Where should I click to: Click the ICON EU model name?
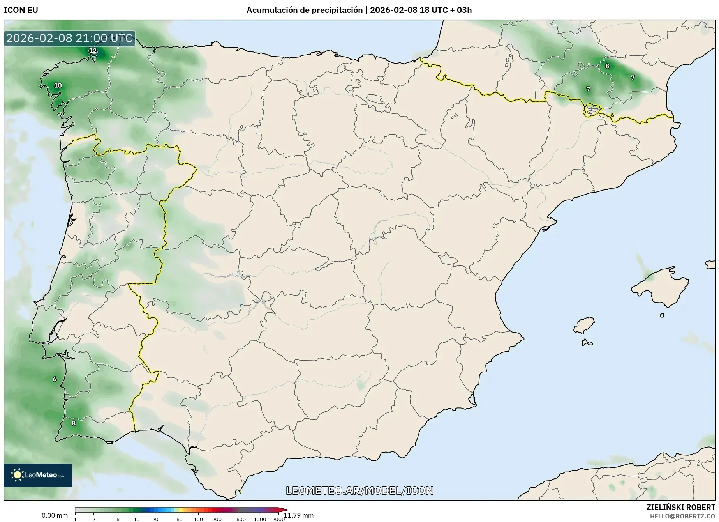click(x=21, y=10)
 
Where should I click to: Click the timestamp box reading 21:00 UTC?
click(x=69, y=38)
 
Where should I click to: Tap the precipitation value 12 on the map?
click(x=93, y=51)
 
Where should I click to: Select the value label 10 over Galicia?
click(x=58, y=85)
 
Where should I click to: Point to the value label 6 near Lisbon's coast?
click(x=55, y=379)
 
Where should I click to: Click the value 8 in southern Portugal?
click(x=74, y=423)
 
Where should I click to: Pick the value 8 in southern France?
click(x=607, y=66)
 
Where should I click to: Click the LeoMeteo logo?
click(x=38, y=475)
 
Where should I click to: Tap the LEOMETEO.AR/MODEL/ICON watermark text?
click(x=359, y=490)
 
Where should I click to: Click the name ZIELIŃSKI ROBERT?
click(x=680, y=507)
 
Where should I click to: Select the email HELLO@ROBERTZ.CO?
click(x=682, y=516)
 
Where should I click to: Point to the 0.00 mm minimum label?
click(x=55, y=515)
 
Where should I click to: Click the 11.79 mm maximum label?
click(x=299, y=515)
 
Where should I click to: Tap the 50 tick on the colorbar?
click(x=179, y=519)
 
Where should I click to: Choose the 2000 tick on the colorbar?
click(x=278, y=519)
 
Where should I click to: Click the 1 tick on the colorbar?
click(x=75, y=519)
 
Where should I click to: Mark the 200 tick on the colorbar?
click(x=217, y=519)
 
